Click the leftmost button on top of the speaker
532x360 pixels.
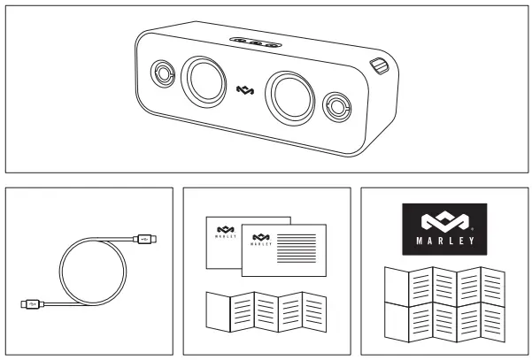point(240,41)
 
